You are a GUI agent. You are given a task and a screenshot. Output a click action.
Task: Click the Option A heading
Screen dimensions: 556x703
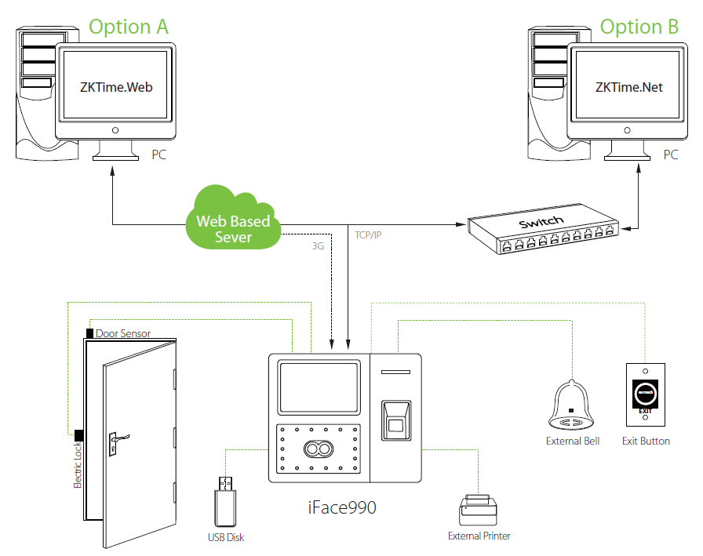coord(129,27)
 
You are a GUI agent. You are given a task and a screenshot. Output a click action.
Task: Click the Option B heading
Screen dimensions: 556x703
coord(639,27)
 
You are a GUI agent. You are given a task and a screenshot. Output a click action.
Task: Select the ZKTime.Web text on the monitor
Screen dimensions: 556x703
coord(115,87)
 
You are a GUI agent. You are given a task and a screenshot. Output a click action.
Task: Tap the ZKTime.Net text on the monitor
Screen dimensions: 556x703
coord(629,87)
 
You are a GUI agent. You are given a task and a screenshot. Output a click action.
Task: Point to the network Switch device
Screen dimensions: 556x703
coord(541,228)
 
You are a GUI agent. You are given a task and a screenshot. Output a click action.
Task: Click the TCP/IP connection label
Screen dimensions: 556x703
coord(369,234)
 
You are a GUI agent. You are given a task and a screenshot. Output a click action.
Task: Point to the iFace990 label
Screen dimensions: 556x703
coord(342,507)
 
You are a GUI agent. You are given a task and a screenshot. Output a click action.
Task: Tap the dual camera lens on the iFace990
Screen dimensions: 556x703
coord(318,449)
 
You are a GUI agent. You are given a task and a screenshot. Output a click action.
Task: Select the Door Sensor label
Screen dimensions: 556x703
coord(123,333)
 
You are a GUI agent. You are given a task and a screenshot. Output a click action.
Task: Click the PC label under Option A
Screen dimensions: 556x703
coord(158,155)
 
